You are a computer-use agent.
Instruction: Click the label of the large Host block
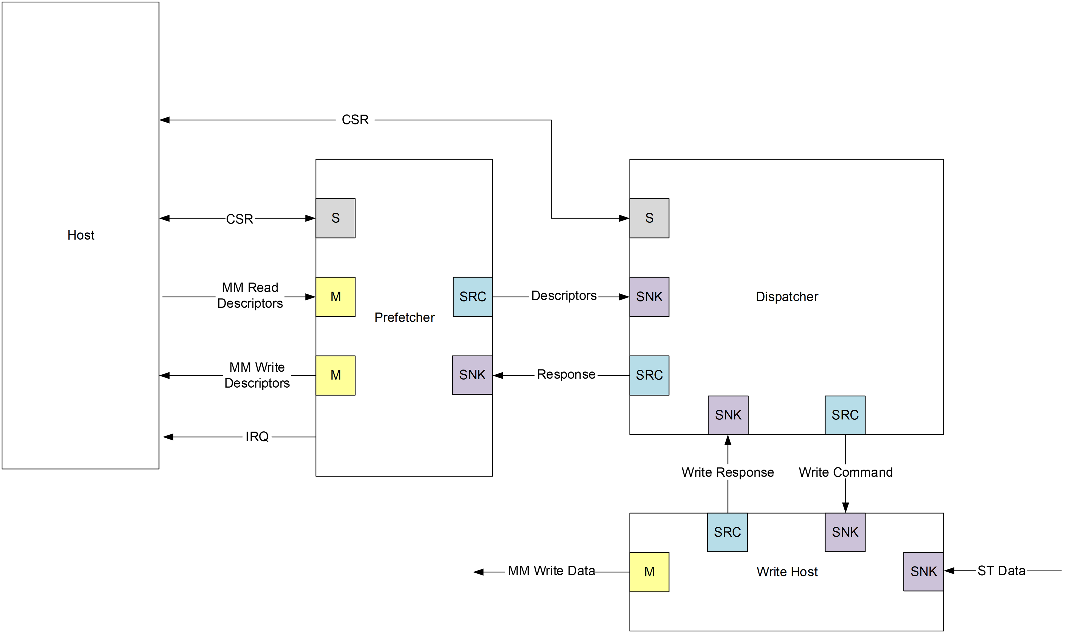[81, 235]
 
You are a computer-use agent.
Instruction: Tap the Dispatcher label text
[787, 297]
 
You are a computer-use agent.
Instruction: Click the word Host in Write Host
[804, 572]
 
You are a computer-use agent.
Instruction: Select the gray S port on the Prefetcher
[335, 218]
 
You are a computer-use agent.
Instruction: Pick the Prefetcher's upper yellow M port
[335, 297]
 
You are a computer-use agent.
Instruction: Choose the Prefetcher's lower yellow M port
[335, 375]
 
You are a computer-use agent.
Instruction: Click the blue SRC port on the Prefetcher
[472, 297]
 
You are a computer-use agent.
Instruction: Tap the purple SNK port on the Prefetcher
[472, 375]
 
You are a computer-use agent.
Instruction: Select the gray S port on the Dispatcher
[649, 218]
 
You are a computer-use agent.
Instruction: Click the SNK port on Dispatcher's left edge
[649, 297]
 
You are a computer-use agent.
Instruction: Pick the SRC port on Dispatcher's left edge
[649, 375]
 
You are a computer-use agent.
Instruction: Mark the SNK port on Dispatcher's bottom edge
[728, 415]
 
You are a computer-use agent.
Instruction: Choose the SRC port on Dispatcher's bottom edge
[845, 415]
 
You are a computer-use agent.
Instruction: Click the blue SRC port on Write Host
[727, 532]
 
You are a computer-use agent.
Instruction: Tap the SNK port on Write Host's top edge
[845, 532]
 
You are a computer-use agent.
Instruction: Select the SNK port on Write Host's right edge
[923, 571]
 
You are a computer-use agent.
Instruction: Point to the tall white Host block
[81, 129]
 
